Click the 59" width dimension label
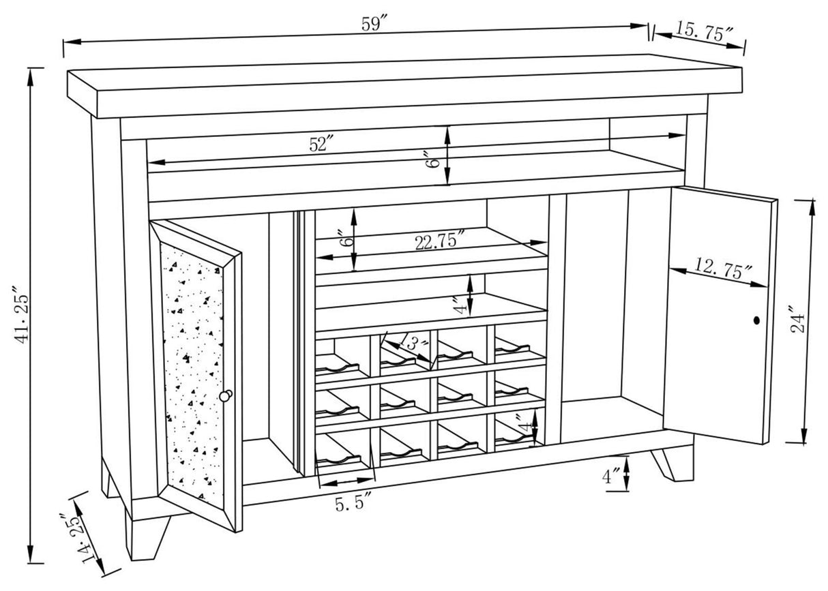374,23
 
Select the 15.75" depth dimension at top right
705,32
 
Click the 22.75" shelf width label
440,241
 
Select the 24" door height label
797,319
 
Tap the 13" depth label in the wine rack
413,341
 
